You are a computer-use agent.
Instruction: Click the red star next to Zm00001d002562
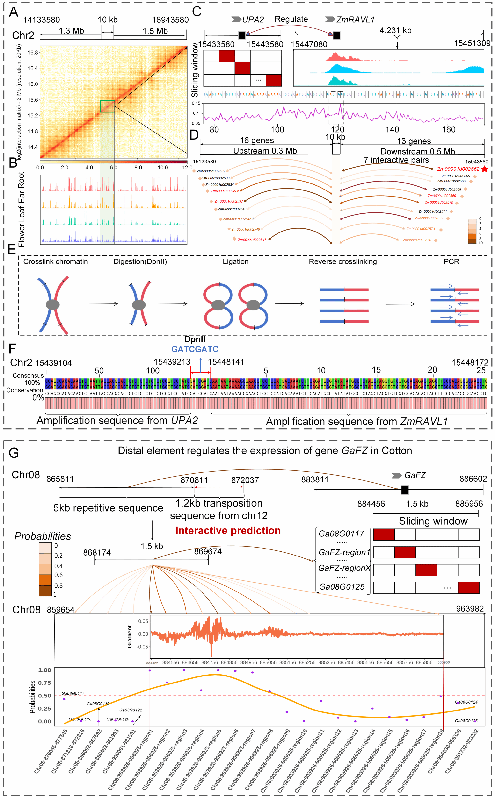coord(485,169)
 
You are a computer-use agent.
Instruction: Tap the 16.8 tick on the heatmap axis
coord(33,53)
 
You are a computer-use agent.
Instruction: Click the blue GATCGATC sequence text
coord(195,349)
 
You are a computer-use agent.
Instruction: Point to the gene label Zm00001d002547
coord(252,240)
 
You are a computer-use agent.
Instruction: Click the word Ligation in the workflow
coord(236,262)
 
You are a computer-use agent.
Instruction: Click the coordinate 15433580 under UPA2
coord(216,44)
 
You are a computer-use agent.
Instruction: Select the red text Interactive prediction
coord(228,530)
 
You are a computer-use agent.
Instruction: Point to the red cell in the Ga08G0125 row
coord(468,588)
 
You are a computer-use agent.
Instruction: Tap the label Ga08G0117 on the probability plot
coord(73,693)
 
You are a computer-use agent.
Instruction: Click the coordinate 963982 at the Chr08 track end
coord(470,609)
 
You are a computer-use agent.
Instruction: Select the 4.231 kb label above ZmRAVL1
coord(395,31)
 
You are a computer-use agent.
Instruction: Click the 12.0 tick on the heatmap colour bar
coord(187,168)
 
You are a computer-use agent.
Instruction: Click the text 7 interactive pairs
coord(396,160)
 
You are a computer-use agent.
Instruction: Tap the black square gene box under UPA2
coord(242,35)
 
